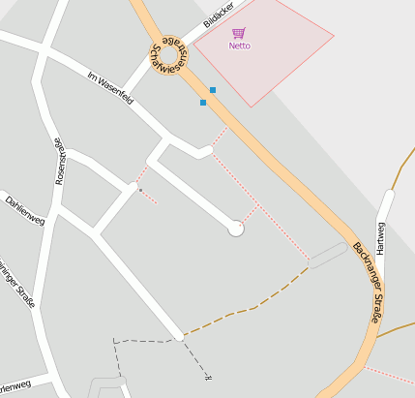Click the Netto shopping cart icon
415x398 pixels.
tap(239, 33)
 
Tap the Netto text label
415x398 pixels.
tap(239, 46)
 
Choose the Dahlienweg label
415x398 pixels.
tap(25, 206)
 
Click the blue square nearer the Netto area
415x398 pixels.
tap(213, 90)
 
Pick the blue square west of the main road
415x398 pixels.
tap(203, 102)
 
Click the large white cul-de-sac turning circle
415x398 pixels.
tap(235, 229)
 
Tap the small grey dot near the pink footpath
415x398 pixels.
tap(140, 191)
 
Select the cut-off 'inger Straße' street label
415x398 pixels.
tap(16, 285)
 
